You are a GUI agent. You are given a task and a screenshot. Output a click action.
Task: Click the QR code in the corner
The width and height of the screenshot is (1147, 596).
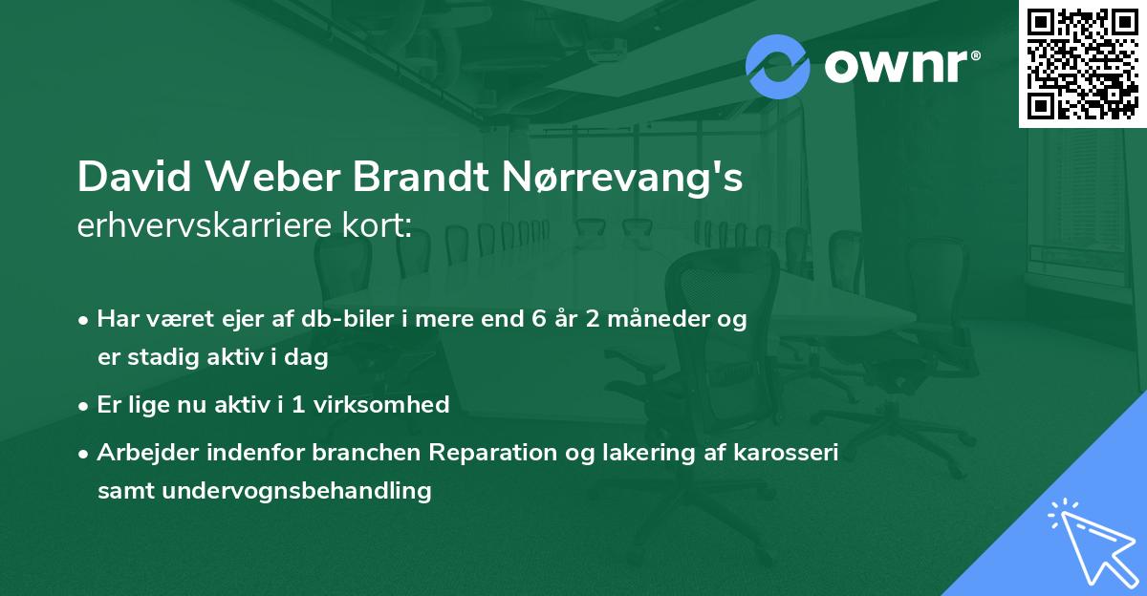[1082, 64]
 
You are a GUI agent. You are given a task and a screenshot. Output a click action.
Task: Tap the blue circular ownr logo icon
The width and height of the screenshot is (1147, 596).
[777, 66]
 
